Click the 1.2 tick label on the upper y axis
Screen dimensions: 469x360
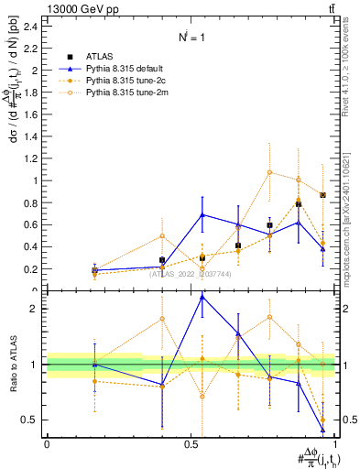point(34,158)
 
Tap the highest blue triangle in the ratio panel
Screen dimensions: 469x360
point(202,297)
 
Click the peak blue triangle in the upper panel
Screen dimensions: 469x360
point(202,214)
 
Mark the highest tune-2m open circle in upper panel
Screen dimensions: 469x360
point(269,172)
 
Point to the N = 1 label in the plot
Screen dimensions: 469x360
point(191,38)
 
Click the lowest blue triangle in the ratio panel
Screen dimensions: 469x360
point(322,429)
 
